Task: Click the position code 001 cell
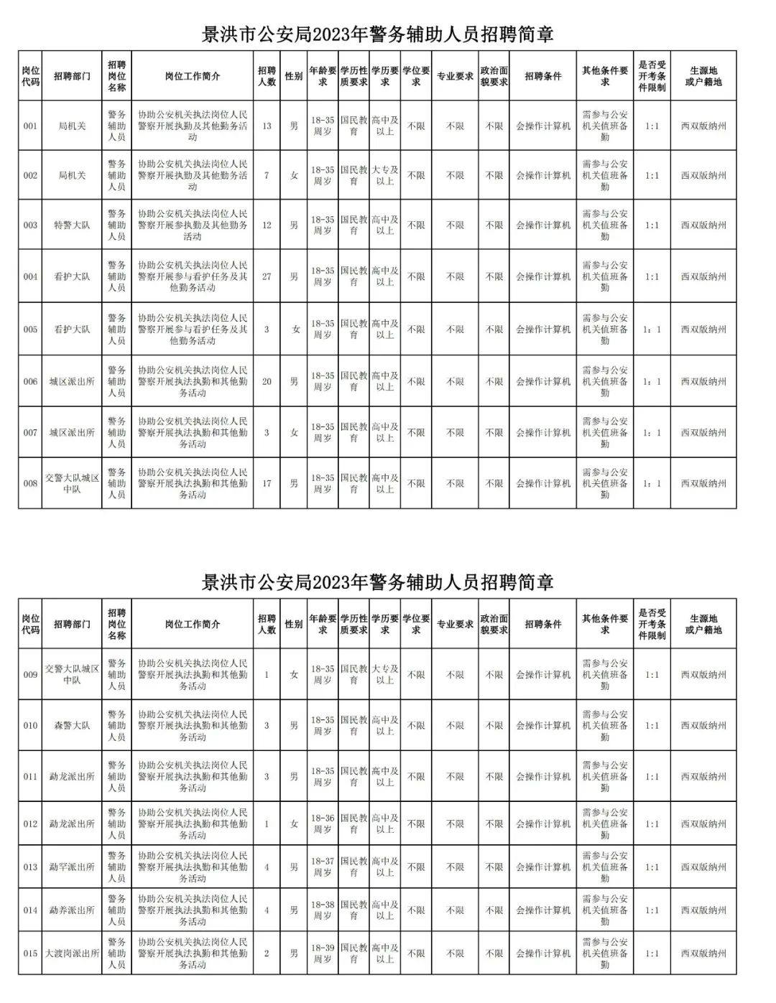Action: [x=30, y=126]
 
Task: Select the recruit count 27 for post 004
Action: [x=267, y=276]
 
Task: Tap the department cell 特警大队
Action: [x=72, y=225]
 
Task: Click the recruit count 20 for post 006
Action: [x=267, y=381]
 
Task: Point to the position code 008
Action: [x=30, y=483]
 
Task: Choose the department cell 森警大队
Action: [x=72, y=725]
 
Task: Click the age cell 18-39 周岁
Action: [x=323, y=953]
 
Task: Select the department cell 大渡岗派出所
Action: [x=72, y=953]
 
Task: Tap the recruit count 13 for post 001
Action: [x=267, y=126]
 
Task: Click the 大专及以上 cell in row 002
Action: [x=385, y=175]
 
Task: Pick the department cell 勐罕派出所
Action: [x=72, y=867]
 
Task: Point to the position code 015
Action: [x=30, y=953]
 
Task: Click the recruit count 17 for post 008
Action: [x=267, y=483]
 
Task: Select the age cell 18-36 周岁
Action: [x=323, y=824]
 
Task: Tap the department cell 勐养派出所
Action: [x=72, y=910]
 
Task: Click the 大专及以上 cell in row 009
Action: [x=385, y=674]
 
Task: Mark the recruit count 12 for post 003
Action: [x=267, y=225]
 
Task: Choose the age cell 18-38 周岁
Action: [x=323, y=910]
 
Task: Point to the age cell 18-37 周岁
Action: [x=323, y=867]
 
